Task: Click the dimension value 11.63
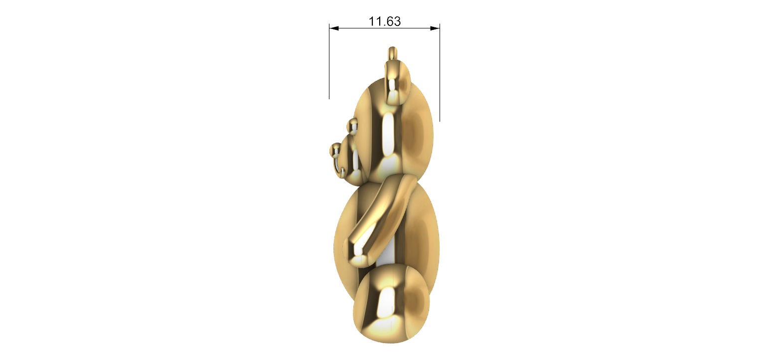pos(385,21)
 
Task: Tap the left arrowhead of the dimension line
pos(334,28)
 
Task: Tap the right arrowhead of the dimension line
pos(435,28)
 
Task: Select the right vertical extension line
pos(440,75)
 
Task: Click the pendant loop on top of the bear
pos(393,52)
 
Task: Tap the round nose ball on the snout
pos(335,149)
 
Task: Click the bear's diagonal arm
pos(384,214)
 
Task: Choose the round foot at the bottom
pos(391,304)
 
